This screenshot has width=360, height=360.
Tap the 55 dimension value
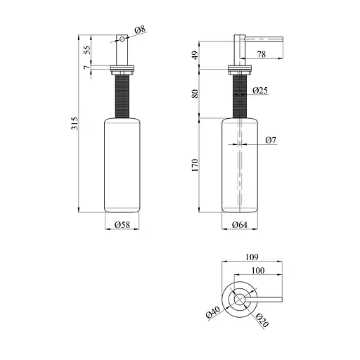tap(86, 50)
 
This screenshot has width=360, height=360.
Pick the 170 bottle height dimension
tap(195, 165)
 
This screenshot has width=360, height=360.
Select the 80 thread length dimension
tap(195, 93)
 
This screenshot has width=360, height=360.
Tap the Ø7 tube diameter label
tap(271, 141)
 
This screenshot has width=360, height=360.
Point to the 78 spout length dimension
tap(262, 55)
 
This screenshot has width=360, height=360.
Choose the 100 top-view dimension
tap(257, 271)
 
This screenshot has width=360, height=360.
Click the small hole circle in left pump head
tap(120, 40)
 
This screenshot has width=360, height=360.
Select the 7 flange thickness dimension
tap(86, 67)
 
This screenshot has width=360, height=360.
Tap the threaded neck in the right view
tap(240, 96)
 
